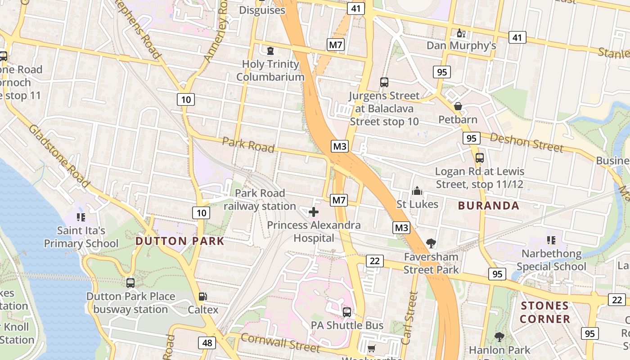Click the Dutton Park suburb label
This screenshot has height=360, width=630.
(180, 241)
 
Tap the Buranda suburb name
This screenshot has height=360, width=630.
(488, 206)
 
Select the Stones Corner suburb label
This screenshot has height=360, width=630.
(545, 312)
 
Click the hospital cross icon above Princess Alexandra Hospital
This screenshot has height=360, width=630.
(314, 212)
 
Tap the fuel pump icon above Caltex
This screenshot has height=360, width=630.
(203, 297)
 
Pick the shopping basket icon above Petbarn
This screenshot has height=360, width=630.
(458, 106)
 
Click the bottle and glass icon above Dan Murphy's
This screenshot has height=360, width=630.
(461, 33)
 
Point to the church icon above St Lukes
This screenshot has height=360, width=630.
(417, 191)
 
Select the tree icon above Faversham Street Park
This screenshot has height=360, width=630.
(431, 243)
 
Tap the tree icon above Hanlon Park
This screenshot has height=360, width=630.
(499, 337)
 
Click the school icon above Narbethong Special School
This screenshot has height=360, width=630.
(551, 241)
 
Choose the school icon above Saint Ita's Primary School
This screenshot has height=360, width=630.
(81, 218)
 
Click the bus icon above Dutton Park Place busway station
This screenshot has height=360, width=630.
(130, 283)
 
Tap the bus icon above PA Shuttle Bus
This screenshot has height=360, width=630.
(347, 312)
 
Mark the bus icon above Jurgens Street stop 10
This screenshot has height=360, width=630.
(384, 82)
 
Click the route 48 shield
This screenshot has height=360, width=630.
(207, 343)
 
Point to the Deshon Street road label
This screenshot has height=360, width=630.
(526, 142)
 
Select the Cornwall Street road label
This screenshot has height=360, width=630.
(280, 343)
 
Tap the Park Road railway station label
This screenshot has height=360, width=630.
(260, 200)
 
